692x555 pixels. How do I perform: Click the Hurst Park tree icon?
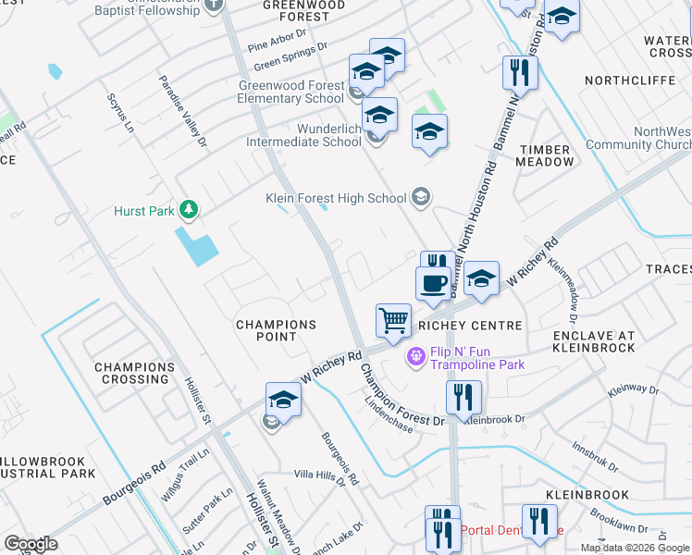pos(189,211)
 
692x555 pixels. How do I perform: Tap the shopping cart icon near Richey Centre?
pos(393,321)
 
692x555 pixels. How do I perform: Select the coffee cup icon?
pos(433,282)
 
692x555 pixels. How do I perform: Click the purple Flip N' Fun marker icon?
pos(415,354)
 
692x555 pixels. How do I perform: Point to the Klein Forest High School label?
pos(335,198)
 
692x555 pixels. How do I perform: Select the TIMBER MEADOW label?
pos(546,154)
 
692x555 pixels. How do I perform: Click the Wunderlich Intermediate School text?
pos(303,135)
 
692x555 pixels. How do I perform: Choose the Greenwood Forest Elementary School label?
pos(291,92)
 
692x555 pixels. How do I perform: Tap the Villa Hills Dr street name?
pos(319,475)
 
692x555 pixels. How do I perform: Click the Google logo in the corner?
pos(31,544)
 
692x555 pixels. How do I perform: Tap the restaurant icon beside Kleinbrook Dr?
pos(463,397)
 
